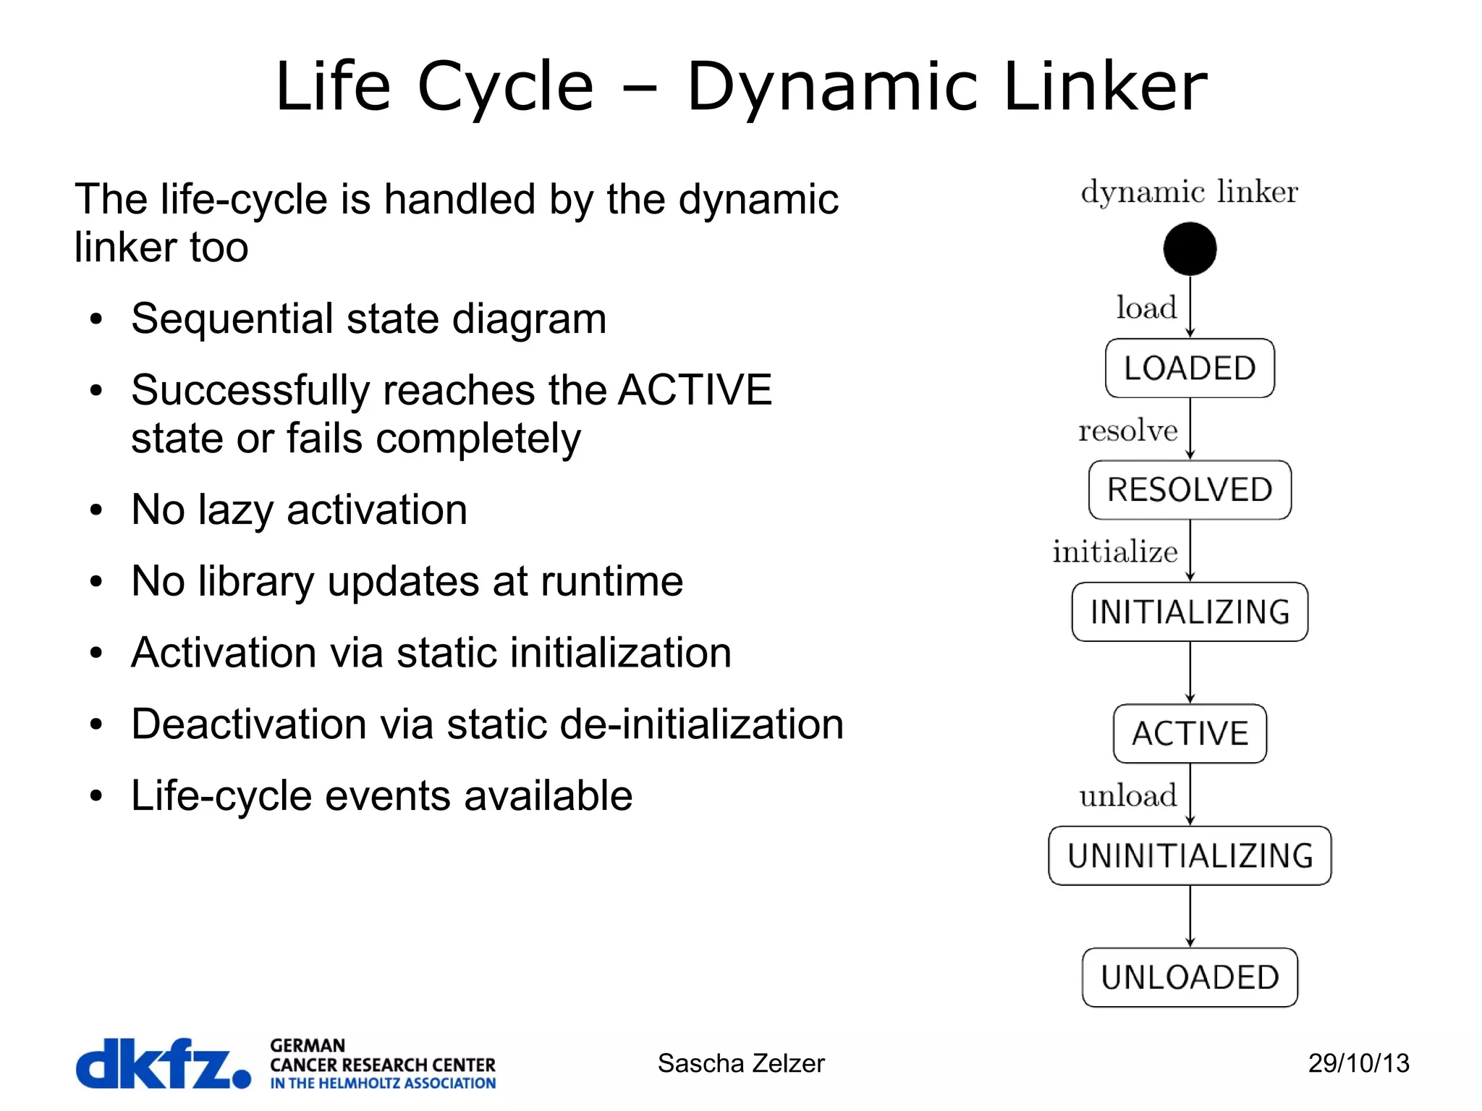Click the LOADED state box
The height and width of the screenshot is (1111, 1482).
(x=1189, y=368)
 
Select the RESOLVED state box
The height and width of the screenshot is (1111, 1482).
(x=1189, y=490)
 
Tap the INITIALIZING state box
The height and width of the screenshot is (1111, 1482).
(x=1189, y=612)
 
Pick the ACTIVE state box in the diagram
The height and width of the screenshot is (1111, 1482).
(x=1189, y=734)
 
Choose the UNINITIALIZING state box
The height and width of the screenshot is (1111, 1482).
(x=1189, y=856)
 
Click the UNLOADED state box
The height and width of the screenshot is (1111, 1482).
(x=1189, y=977)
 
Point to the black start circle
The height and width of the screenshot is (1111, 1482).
(x=1189, y=249)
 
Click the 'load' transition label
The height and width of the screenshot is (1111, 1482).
(x=1146, y=308)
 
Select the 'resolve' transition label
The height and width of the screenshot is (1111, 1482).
(x=1127, y=431)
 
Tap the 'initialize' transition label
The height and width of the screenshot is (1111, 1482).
(x=1114, y=552)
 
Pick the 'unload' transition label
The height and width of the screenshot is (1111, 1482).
(x=1127, y=795)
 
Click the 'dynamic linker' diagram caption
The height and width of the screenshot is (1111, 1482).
(x=1189, y=192)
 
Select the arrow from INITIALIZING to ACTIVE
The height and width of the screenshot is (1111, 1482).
(x=1190, y=673)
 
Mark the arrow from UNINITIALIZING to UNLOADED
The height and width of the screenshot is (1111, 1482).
(x=1190, y=916)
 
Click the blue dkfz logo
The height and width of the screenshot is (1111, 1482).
(x=163, y=1063)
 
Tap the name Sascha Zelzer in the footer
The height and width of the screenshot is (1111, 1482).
(x=740, y=1063)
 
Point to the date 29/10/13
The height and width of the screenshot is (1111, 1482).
(x=1358, y=1063)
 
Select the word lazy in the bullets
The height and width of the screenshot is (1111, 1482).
(x=235, y=510)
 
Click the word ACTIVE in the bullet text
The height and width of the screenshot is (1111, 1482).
(x=695, y=390)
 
